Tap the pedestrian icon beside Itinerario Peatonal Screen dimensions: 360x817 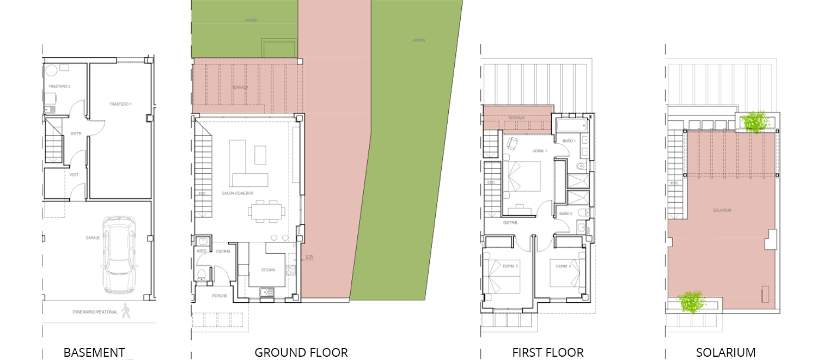126,311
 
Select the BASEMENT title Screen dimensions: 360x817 94,352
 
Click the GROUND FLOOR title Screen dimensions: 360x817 301,352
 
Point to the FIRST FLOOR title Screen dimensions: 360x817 548,352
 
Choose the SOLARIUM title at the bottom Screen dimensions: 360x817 725,352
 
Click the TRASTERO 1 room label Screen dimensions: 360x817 120,104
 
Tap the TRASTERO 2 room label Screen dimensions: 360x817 59,87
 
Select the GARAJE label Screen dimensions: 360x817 93,237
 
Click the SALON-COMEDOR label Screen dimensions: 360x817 238,193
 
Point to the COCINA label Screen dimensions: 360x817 268,270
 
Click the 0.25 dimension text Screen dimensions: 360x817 309,257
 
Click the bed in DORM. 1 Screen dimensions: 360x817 521,176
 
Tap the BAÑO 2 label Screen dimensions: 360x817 565,213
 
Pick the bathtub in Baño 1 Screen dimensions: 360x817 570,126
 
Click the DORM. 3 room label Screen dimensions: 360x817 510,266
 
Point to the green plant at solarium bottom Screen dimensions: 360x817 691,301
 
